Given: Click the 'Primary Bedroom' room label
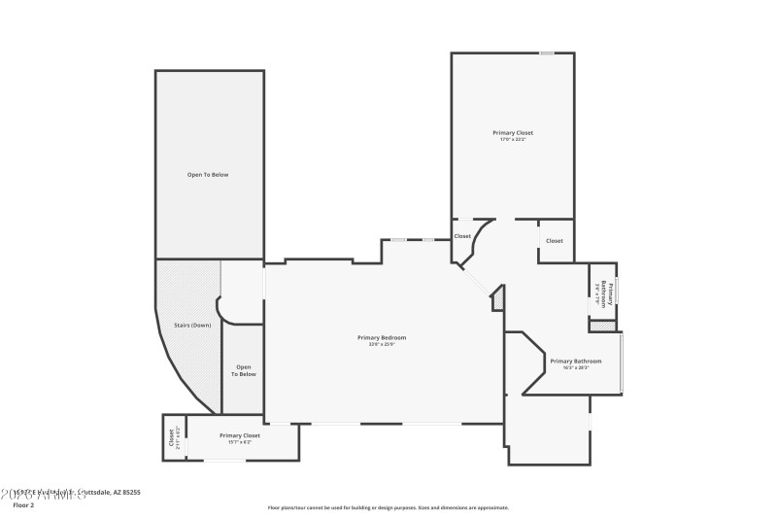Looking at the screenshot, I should point(381,337).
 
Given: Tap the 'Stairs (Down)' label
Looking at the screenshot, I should point(192,325).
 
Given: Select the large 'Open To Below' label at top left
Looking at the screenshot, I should point(208,175).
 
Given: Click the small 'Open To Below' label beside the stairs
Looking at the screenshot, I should point(243,370).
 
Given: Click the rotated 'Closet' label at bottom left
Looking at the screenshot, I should point(173,437).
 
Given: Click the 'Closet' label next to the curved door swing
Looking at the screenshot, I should point(462,236).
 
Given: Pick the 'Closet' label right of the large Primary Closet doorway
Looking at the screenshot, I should point(554,241).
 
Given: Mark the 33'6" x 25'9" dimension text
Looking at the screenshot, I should point(381,344).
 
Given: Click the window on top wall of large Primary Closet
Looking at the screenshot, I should point(547,53).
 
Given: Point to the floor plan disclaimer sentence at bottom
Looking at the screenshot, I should point(388,507).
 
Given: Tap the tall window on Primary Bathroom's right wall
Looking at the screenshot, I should point(622,363).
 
